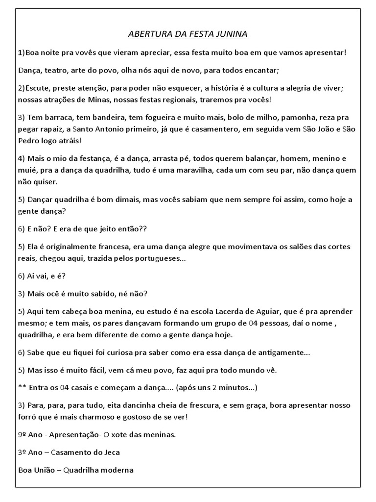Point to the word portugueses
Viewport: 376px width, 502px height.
click(x=156, y=258)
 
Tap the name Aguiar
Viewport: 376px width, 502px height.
click(x=299, y=312)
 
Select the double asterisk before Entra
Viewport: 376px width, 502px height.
click(x=21, y=388)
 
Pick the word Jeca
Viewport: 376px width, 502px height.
click(x=111, y=452)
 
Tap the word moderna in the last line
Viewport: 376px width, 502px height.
click(x=118, y=470)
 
